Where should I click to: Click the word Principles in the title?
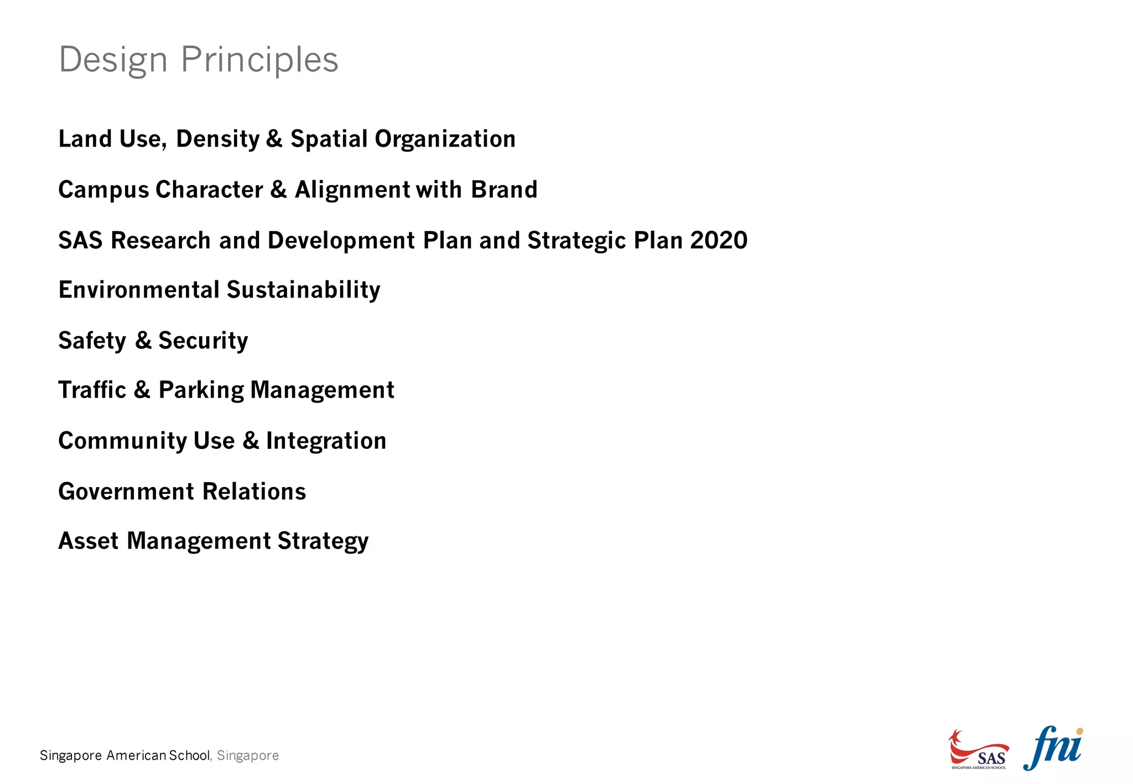(259, 60)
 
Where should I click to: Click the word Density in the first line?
(217, 139)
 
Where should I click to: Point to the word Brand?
(504, 190)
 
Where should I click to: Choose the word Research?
(160, 241)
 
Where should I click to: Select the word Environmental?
(139, 290)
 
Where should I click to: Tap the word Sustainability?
(303, 290)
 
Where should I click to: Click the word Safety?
(92, 341)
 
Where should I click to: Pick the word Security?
(203, 341)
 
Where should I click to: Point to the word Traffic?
(92, 390)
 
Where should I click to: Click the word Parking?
(201, 390)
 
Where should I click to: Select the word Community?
(123, 441)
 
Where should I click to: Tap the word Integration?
(326, 441)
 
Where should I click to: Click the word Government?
(126, 492)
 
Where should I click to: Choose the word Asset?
(88, 541)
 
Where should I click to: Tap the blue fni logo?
(1053, 748)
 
